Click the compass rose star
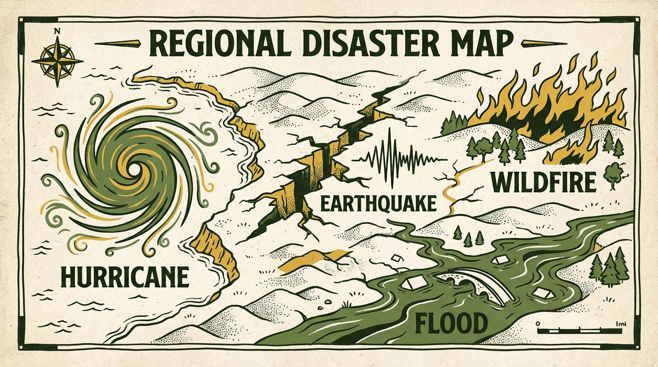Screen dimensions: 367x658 [57, 62]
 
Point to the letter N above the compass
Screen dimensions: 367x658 [57, 32]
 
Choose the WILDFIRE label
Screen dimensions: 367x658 [544, 183]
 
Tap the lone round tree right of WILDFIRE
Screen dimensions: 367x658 [612, 173]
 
